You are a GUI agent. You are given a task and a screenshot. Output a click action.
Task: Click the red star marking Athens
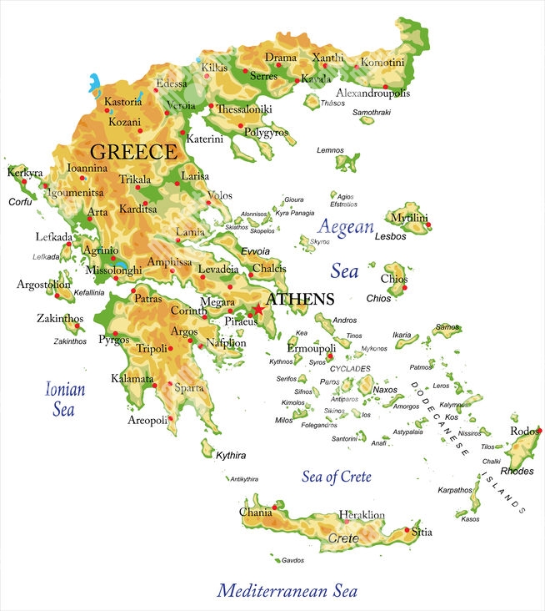(258, 310)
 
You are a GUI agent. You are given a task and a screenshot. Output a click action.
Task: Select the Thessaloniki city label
(244, 109)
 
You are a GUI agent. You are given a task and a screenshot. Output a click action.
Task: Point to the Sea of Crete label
(336, 477)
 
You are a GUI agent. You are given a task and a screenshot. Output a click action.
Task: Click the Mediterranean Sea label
(287, 591)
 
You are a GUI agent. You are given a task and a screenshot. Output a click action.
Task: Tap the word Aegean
(345, 227)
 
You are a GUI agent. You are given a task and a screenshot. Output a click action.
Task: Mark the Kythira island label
(231, 456)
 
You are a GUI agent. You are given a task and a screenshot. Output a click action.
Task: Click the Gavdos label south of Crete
(292, 560)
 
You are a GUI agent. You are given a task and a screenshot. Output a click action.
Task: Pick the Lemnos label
(330, 150)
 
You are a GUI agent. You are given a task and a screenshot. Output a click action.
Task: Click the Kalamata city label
(132, 379)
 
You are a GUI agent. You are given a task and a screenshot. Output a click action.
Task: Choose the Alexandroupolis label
(372, 93)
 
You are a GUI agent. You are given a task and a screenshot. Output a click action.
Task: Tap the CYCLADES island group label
(350, 368)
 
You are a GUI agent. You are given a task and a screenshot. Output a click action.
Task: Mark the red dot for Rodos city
(539, 431)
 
